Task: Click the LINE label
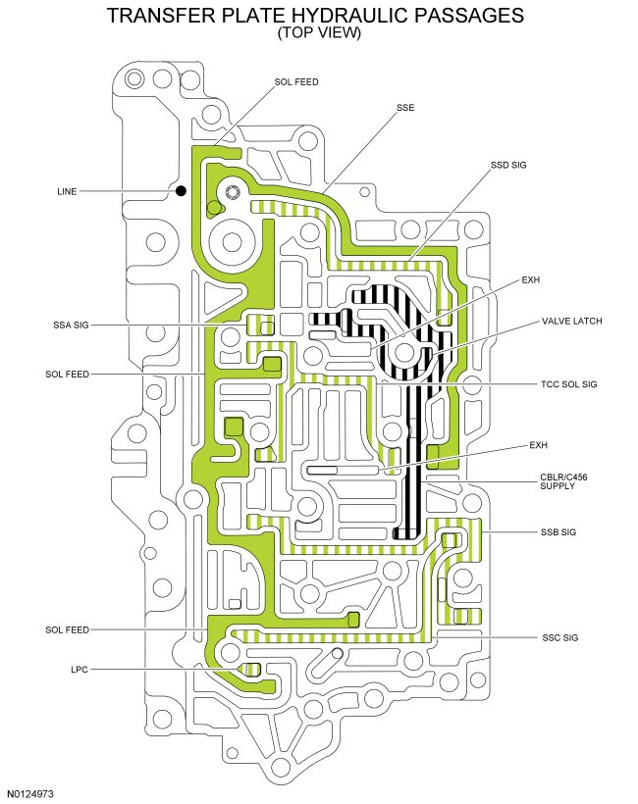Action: pyautogui.click(x=67, y=192)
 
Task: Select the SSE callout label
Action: pyautogui.click(x=405, y=107)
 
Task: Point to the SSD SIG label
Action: pyautogui.click(x=508, y=165)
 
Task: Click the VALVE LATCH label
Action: pyautogui.click(x=571, y=322)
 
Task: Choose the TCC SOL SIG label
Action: pyautogui.click(x=569, y=384)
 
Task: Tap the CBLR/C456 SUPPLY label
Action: pyautogui.click(x=570, y=481)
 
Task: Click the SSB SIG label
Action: pyautogui.click(x=558, y=532)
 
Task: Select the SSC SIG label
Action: pyautogui.click(x=558, y=638)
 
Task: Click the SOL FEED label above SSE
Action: pyautogui.click(x=296, y=81)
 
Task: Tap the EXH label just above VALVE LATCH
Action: pyautogui.click(x=531, y=279)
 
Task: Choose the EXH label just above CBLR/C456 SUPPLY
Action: pyautogui.click(x=538, y=446)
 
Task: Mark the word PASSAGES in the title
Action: pyautogui.click(x=470, y=17)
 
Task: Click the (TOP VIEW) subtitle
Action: pyautogui.click(x=319, y=33)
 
